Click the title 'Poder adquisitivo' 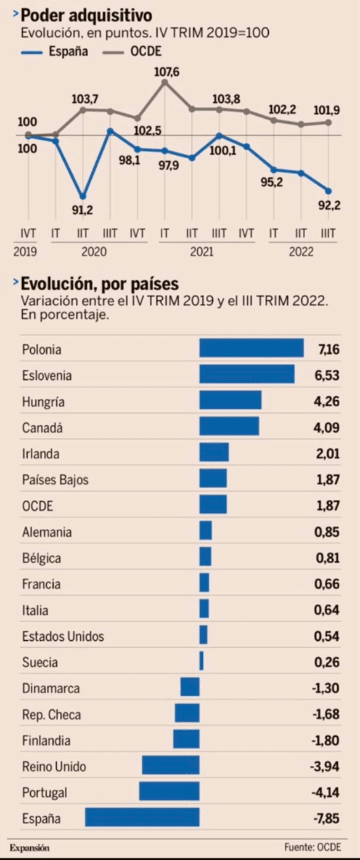(86, 15)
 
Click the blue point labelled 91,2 (83, 196)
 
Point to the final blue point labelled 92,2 (329, 191)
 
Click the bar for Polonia (252, 348)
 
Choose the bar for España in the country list (142, 818)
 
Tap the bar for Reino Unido (171, 766)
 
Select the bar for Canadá (229, 427)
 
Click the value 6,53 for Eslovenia (327, 375)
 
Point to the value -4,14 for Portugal (325, 792)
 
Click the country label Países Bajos (55, 480)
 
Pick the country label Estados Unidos (63, 636)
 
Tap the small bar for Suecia (202, 662)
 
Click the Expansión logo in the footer (29, 848)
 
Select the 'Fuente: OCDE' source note (313, 848)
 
